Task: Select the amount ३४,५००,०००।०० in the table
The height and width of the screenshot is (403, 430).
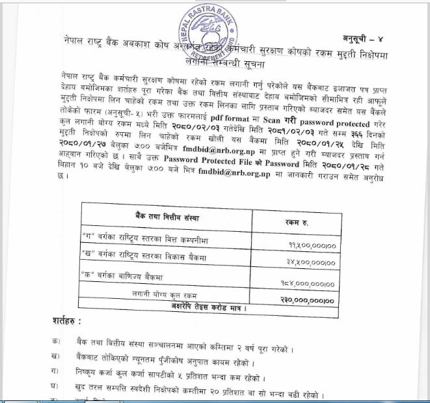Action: (307, 262)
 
